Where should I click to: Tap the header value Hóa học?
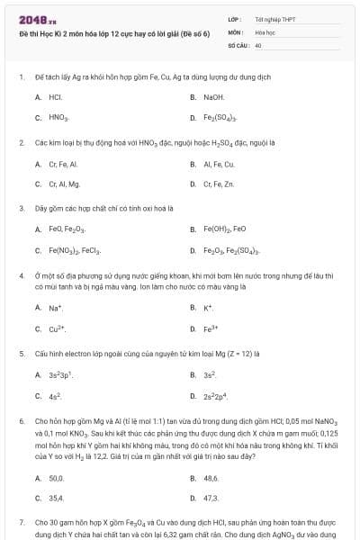[x=265, y=31]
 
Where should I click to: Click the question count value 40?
[x=258, y=43]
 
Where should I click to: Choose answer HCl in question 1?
[x=55, y=96]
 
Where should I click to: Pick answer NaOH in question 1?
[x=213, y=96]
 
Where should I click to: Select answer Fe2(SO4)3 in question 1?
[x=220, y=118]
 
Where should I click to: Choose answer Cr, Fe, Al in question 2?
[x=63, y=164]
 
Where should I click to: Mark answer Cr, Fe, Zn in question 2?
[x=219, y=184]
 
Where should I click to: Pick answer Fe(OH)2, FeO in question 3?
[x=224, y=229]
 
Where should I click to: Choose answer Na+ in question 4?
[x=56, y=308]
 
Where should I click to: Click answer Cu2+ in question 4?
[x=57, y=328]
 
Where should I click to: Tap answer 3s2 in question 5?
[x=210, y=373]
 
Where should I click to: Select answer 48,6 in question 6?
[x=211, y=478]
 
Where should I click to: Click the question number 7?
[x=21, y=522]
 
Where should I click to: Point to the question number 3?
[x=21, y=208]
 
